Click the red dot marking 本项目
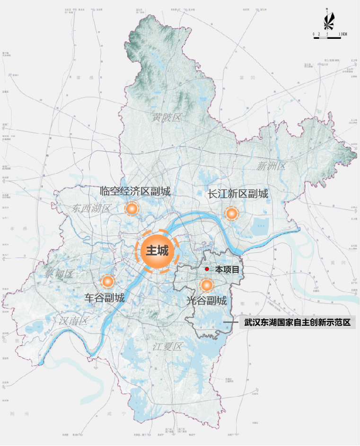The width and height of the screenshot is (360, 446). (207, 269)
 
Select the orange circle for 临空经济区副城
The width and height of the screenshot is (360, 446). (132, 208)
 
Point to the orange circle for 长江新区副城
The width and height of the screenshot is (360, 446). (231, 214)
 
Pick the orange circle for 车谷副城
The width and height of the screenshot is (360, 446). (108, 282)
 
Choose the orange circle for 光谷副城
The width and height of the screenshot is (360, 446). (206, 285)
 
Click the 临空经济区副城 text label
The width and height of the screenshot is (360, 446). (135, 191)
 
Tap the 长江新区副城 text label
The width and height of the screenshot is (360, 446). (238, 194)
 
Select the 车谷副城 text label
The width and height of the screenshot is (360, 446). (105, 298)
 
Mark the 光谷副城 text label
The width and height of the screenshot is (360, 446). (206, 301)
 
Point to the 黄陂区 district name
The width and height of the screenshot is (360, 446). (167, 118)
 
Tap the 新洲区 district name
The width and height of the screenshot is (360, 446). (272, 166)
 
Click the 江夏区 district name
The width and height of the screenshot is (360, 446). (167, 347)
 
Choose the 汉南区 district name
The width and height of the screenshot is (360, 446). (74, 321)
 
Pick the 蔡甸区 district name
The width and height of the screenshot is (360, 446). (60, 273)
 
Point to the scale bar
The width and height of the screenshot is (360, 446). (327, 37)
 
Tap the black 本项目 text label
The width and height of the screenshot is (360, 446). (227, 269)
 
